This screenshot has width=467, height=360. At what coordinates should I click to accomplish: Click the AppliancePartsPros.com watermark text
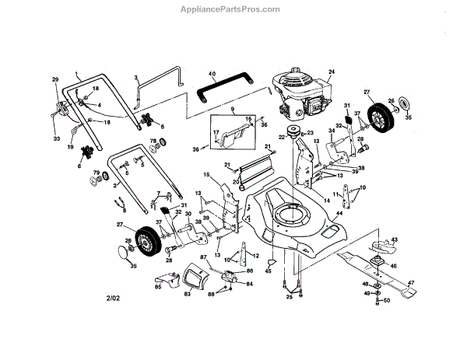[233, 9]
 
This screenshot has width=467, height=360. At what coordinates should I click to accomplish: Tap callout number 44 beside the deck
[339, 214]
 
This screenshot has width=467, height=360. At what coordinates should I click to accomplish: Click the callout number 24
[331, 73]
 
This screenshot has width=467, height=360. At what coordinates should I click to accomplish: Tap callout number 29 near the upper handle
[55, 80]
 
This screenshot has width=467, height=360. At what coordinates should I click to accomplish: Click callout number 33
[56, 138]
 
